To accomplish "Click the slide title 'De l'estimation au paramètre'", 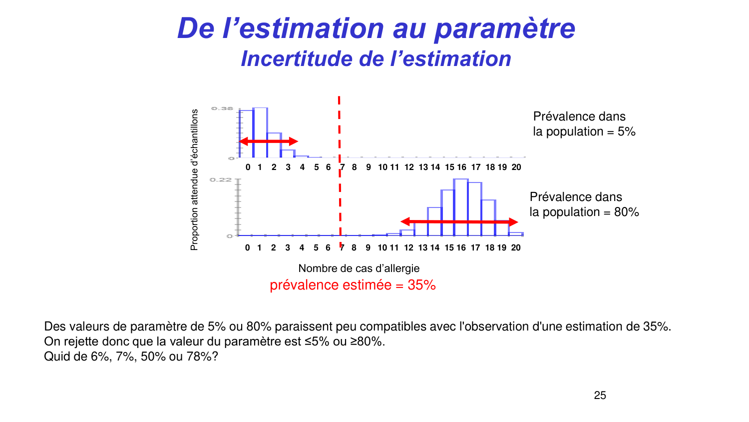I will coord(376,28).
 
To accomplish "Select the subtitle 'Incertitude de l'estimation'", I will coord(376,59).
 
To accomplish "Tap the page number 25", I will coord(600,395).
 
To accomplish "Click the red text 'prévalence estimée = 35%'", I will coord(353,285).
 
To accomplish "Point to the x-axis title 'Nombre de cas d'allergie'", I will coord(359,268).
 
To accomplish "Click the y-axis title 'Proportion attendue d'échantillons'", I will coord(194,180).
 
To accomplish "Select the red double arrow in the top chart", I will coord(269,141).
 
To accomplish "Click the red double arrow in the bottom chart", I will coord(459,221).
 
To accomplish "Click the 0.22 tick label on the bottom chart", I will coord(220,179).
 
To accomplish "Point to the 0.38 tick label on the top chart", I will coord(222,108).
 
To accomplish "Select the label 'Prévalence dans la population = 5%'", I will coord(584,124).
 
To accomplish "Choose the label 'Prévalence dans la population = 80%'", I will coord(584,204).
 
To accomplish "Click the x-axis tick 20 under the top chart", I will coord(516,167).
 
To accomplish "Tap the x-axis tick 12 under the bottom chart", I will coord(408,247).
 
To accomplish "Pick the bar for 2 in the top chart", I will coord(274,145).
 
